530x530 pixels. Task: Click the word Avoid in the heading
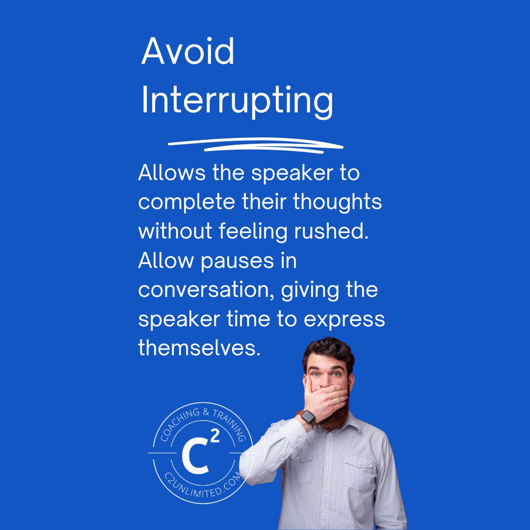click(x=188, y=52)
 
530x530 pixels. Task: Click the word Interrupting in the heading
click(x=237, y=101)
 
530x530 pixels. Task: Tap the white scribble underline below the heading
click(x=255, y=145)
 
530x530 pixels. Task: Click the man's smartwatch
click(x=308, y=418)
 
